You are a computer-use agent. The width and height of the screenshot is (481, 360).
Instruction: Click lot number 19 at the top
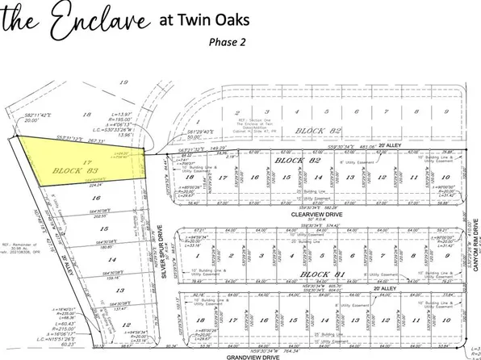(123, 82)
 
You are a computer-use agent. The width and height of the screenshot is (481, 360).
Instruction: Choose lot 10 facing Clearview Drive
(445, 178)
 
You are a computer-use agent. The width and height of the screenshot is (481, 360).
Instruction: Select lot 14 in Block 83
(99, 259)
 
